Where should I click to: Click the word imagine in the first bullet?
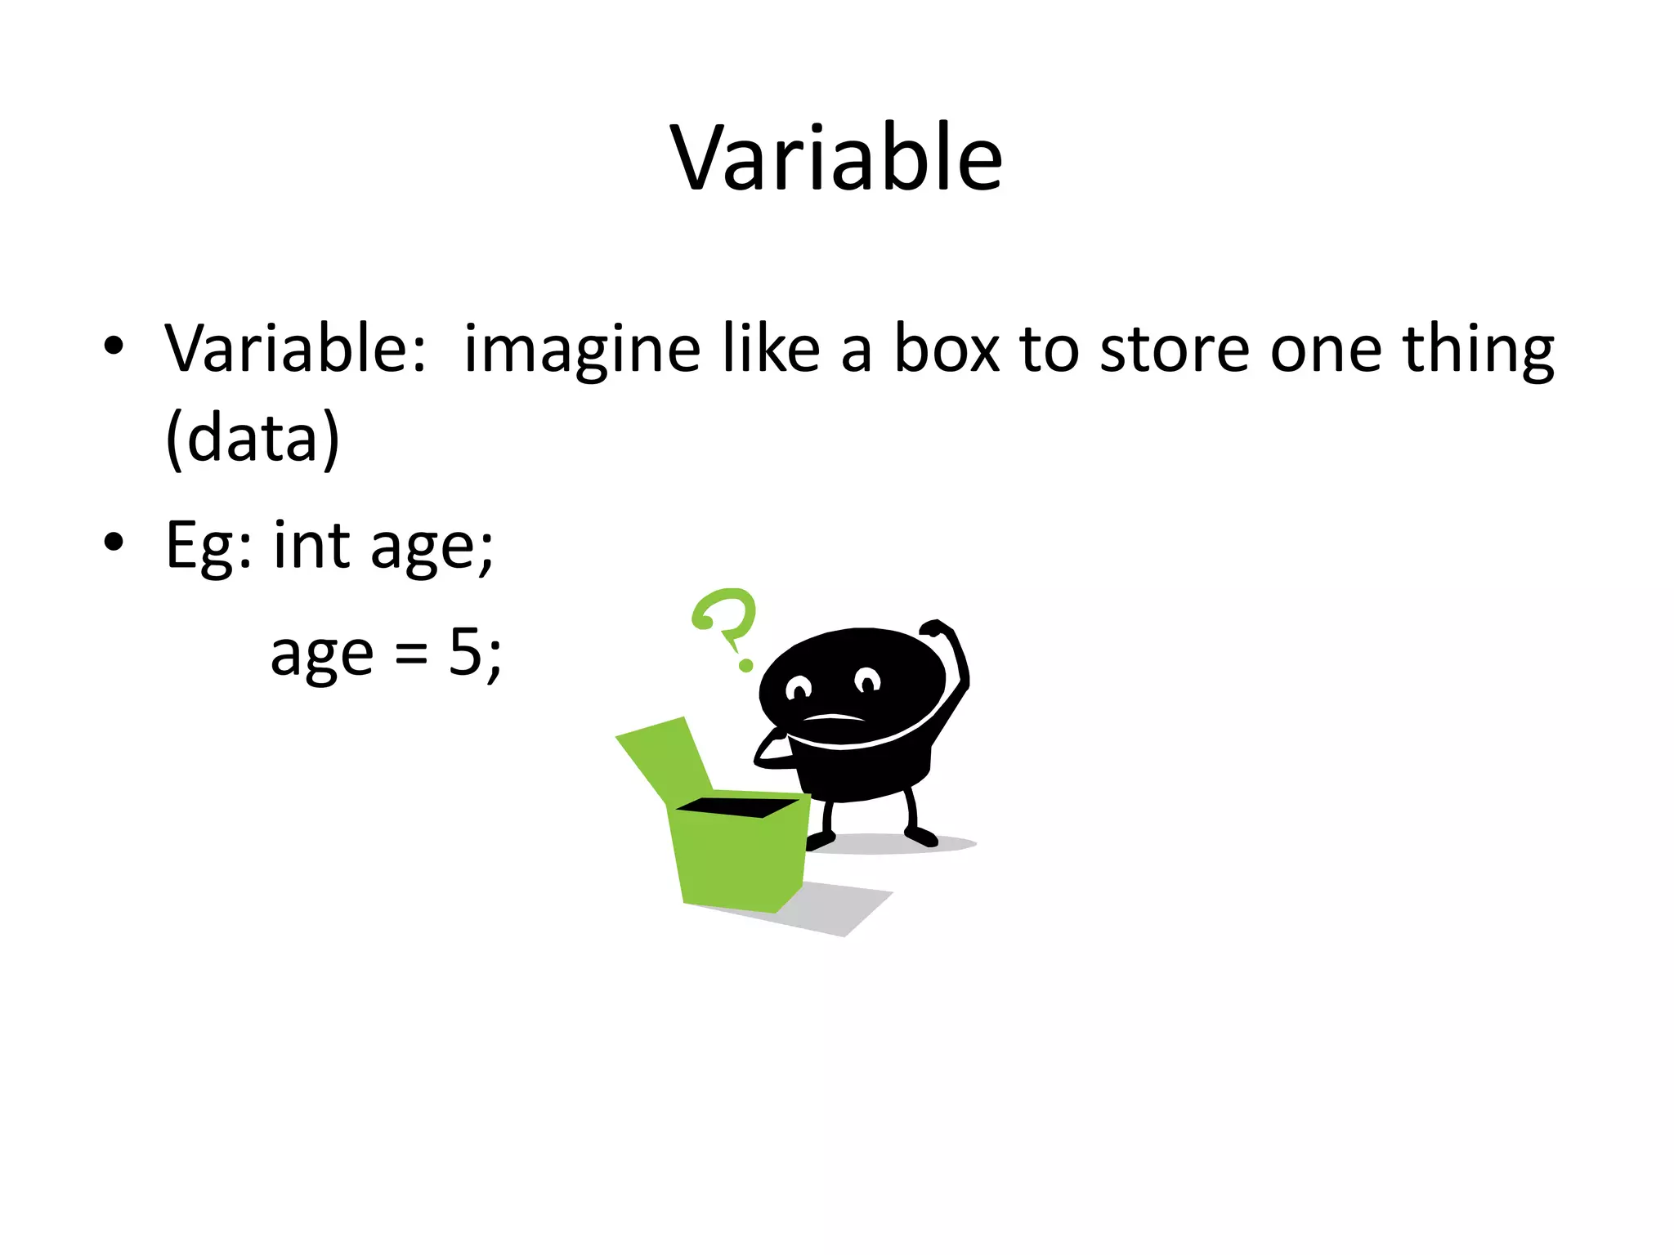(581, 350)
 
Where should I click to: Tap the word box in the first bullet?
(946, 350)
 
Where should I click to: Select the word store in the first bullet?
(1175, 350)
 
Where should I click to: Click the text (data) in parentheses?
(252, 439)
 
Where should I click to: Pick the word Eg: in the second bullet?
(208, 546)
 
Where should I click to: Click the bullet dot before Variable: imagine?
(114, 346)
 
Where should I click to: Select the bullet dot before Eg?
(114, 542)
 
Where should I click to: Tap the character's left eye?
(798, 688)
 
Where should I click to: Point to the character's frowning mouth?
(833, 718)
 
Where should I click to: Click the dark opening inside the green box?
(736, 807)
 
